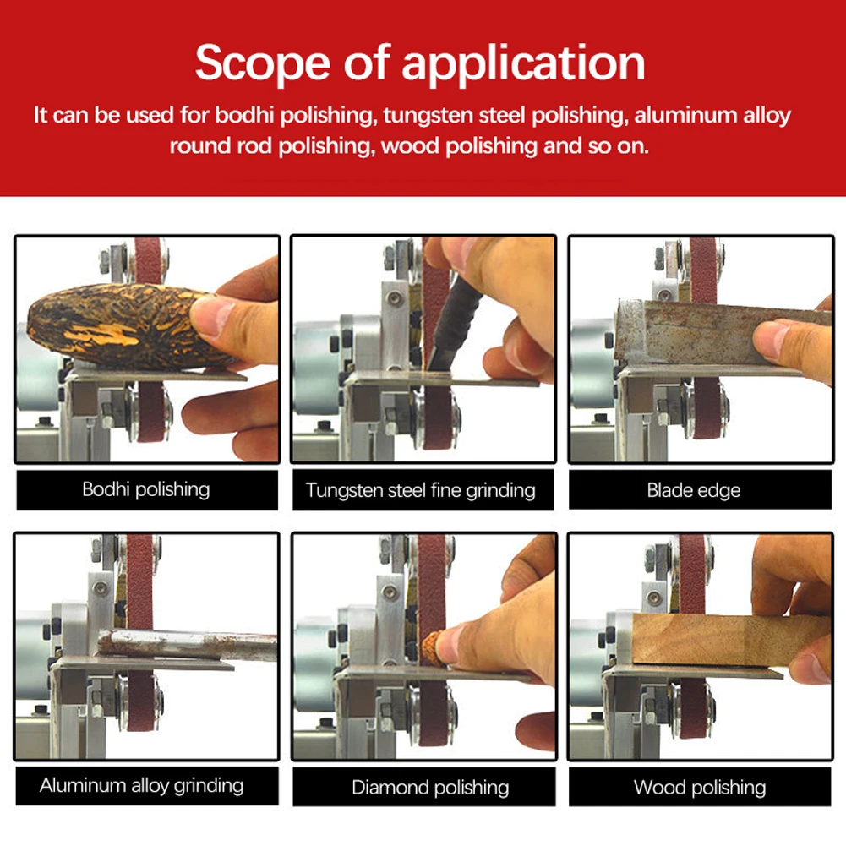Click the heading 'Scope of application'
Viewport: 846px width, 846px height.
(x=420, y=63)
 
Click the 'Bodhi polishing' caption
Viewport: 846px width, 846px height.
(x=145, y=489)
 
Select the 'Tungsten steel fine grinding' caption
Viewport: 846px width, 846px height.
(x=420, y=490)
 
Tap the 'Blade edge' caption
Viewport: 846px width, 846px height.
(x=693, y=490)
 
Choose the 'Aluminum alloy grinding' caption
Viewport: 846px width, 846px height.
(x=141, y=786)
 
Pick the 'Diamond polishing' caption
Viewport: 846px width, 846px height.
(x=430, y=789)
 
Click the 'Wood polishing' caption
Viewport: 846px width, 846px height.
(x=699, y=789)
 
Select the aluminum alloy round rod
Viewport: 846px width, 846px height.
(x=186, y=644)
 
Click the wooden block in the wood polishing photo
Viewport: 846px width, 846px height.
(x=710, y=638)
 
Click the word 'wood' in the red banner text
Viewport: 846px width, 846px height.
(x=409, y=145)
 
